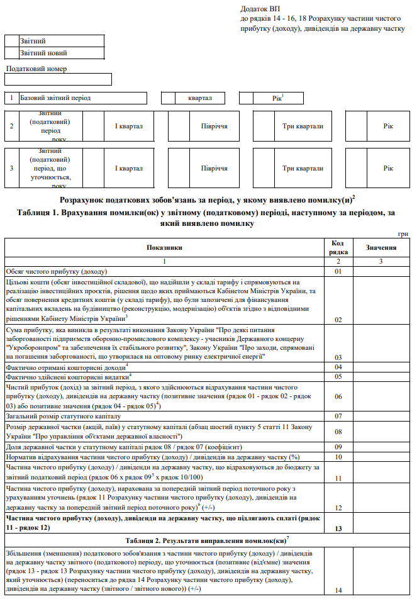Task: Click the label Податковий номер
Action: [x=36, y=69]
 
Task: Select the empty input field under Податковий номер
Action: [x=58, y=79]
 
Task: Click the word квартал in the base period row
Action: [x=199, y=98]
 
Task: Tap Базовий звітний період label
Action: [x=55, y=98]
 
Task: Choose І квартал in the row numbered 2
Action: [x=128, y=126]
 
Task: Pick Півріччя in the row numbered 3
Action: [x=214, y=168]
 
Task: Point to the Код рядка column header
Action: [x=338, y=248]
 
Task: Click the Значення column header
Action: [x=381, y=248]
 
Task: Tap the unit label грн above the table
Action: [x=403, y=234]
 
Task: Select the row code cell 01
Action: [x=338, y=271]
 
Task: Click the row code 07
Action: [x=338, y=416]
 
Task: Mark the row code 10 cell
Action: [x=338, y=457]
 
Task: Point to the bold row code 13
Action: [x=338, y=528]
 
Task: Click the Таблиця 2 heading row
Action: [x=206, y=540]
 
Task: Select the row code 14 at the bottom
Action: [x=338, y=590]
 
